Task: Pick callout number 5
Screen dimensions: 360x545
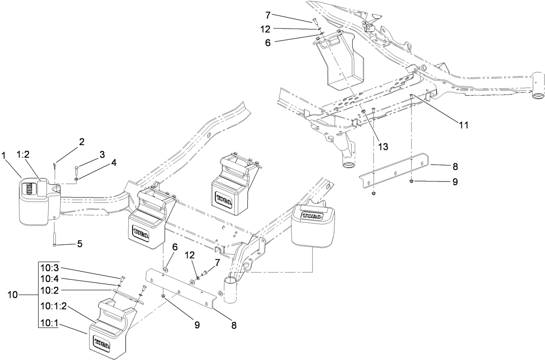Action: (79, 243)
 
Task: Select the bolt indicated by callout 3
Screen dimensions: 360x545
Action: (76, 169)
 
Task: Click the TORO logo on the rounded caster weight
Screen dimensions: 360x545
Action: (311, 216)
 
